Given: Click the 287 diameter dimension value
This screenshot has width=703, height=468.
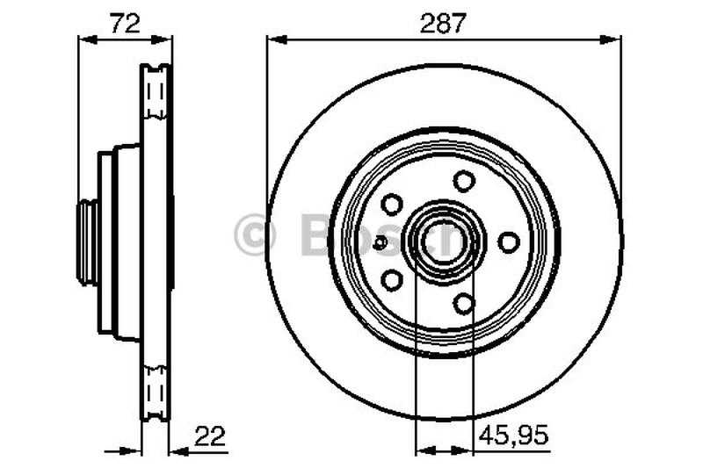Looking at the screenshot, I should coord(444,24).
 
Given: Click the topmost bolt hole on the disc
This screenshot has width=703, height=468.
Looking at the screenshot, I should coord(464,181).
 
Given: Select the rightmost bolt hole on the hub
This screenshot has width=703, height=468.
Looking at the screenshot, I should coord(508,241).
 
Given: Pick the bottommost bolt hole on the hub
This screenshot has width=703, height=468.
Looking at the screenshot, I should coord(464,303).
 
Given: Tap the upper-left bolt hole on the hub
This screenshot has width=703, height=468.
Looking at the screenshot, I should coord(392,204).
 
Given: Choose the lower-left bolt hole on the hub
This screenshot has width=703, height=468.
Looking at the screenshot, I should coord(392,280).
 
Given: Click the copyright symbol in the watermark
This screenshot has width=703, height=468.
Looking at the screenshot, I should coord(256,234).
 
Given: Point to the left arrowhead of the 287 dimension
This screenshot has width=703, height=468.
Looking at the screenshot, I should coord(274,38).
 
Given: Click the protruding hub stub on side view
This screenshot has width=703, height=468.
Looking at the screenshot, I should coord(87,242).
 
